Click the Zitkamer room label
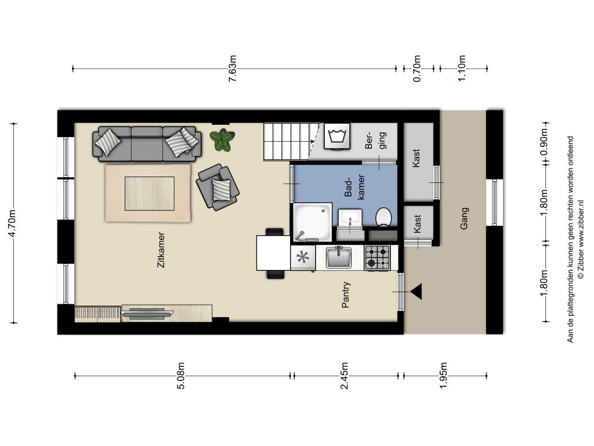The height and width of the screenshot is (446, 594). (x=161, y=250)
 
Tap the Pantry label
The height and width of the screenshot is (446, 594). (x=346, y=294)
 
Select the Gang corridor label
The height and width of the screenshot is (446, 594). (x=464, y=218)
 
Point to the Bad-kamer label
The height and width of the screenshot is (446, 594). (x=355, y=186)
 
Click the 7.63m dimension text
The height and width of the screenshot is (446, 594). (x=233, y=69)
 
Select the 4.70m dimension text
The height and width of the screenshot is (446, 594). (x=12, y=223)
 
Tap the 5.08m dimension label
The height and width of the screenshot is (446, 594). (x=181, y=376)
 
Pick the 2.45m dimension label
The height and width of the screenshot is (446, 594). (x=345, y=376)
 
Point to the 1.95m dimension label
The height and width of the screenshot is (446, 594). (x=444, y=376)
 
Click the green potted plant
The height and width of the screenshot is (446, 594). (x=223, y=139)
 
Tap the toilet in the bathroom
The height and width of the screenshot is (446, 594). (x=383, y=217)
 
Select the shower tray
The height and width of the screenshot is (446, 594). (x=312, y=222)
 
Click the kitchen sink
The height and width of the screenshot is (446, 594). (x=339, y=257)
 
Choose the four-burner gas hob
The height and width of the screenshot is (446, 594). (x=377, y=257)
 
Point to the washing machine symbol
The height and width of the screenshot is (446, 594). (x=337, y=136)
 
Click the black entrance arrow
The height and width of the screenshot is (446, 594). (x=416, y=292)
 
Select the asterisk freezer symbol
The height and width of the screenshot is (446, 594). (x=303, y=257)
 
